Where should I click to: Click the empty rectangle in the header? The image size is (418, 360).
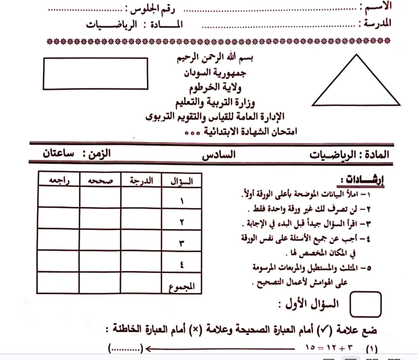(95, 73)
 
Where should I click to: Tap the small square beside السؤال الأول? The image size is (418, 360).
(365, 306)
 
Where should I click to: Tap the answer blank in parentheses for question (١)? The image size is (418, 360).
(126, 349)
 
